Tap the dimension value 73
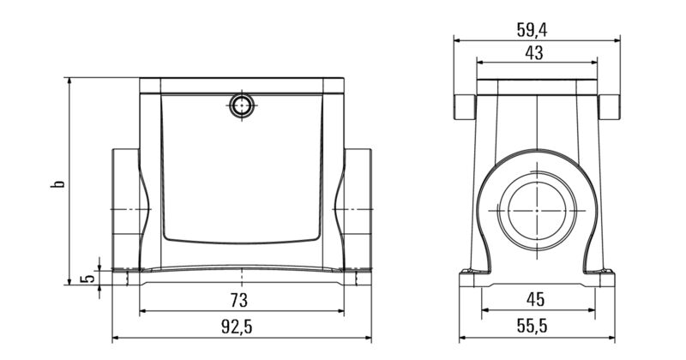pos(239,300)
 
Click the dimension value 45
pos(535,300)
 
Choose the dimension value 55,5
pos(535,327)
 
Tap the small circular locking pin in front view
pos(241,106)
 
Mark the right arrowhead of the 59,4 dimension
pos(615,39)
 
